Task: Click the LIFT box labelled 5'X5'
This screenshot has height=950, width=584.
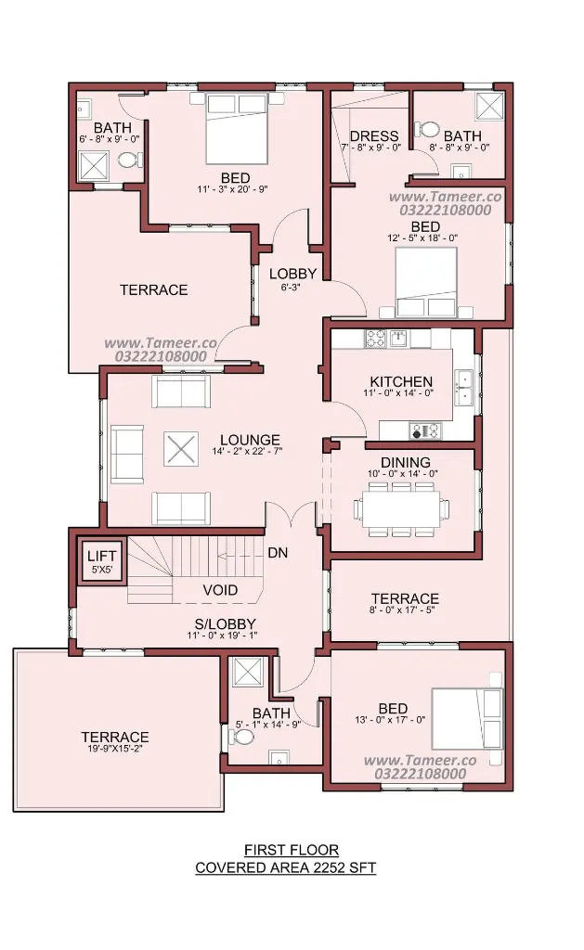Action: [102, 560]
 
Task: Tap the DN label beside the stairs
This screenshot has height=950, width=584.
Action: [278, 553]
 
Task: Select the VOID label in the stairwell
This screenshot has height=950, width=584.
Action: [220, 589]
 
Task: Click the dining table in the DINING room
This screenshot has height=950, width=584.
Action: [401, 509]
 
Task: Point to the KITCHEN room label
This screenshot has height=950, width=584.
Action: [401, 381]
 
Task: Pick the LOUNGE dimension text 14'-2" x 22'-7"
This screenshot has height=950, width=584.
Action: [247, 451]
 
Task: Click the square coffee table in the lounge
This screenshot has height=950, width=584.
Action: [180, 449]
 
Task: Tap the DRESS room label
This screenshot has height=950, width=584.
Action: [374, 135]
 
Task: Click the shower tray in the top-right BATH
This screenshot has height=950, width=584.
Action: [490, 106]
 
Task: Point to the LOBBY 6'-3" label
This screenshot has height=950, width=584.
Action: [292, 278]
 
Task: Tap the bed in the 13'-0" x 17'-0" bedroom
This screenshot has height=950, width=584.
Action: [467, 719]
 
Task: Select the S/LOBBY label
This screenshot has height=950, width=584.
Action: [225, 624]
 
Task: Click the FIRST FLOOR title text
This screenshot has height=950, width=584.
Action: [292, 850]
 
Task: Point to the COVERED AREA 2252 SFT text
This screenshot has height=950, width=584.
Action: [286, 867]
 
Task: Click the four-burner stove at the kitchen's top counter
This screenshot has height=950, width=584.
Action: [375, 338]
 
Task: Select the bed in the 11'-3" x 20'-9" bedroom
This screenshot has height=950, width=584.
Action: [237, 128]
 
